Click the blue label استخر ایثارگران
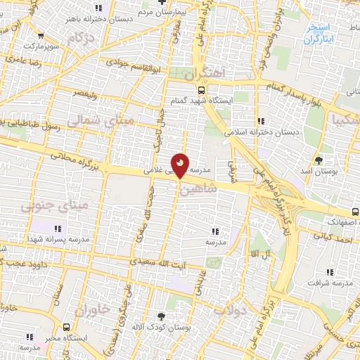[321, 34]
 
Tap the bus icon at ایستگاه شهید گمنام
[202, 90]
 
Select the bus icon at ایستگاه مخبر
[67, 327]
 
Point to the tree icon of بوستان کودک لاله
[162, 316]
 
